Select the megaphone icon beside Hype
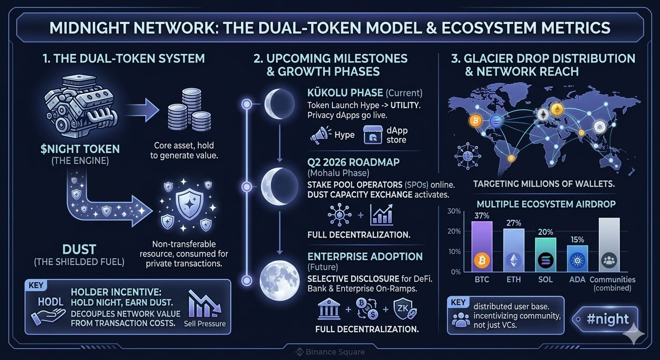click(320, 135)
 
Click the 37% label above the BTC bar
click(482, 216)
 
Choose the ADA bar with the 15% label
click(577, 258)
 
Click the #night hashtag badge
click(607, 319)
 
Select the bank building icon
click(329, 310)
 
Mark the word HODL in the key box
click(51, 302)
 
